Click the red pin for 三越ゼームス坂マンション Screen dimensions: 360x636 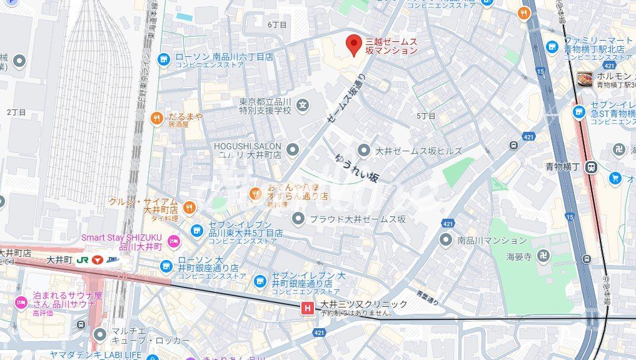pyautogui.click(x=354, y=44)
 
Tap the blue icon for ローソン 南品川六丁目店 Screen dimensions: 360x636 pyautogui.click(x=164, y=59)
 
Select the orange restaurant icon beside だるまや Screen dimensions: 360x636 pyautogui.click(x=156, y=117)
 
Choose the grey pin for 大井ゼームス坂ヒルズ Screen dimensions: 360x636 pyautogui.click(x=364, y=151)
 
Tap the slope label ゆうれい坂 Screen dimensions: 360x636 pyautogui.click(x=357, y=167)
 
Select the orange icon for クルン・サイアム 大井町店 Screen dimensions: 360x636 pyautogui.click(x=189, y=207)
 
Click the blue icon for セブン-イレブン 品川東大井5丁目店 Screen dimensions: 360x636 pyautogui.click(x=196, y=231)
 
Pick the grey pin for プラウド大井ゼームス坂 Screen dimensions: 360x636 pyautogui.click(x=298, y=219)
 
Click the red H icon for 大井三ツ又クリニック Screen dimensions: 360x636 pyautogui.click(x=307, y=307)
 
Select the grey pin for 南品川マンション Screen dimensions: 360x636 pyautogui.click(x=445, y=239)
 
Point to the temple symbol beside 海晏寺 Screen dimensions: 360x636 pyautogui.click(x=543, y=256)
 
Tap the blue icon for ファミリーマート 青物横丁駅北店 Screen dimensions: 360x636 pyautogui.click(x=552, y=47)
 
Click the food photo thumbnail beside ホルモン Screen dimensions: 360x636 pyautogui.click(x=585, y=79)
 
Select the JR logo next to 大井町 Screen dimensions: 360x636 pyautogui.click(x=83, y=259)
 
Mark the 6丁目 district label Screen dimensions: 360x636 pyautogui.click(x=276, y=24)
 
